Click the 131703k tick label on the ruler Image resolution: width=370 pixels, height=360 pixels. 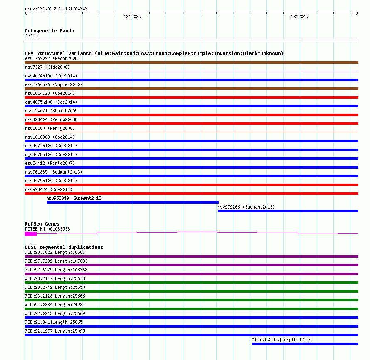coord(133,17)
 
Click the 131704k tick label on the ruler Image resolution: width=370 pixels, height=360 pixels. coord(299,17)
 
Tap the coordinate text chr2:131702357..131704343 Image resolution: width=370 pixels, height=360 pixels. coord(56,9)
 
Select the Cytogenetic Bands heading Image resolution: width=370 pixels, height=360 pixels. coord(49,31)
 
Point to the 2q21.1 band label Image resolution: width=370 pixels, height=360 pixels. coord(32,36)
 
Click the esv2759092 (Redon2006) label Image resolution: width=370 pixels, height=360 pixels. coord(52,58)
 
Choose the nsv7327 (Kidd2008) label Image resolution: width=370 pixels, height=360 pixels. coord(47,67)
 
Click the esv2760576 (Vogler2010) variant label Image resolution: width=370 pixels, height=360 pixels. coord(54,84)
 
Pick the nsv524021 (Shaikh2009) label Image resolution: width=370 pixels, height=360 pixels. coord(52,111)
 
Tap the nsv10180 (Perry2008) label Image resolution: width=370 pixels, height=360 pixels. coord(50,128)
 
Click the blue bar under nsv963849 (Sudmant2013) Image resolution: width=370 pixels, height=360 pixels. coord(132,202)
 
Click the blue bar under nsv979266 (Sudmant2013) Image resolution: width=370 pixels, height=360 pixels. coord(288,211)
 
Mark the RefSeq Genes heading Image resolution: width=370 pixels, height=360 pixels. coord(42,224)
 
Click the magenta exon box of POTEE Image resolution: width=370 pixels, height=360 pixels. coord(30,234)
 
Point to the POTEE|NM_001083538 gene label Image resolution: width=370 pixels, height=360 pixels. coord(47,229)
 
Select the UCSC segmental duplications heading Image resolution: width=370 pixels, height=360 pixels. coord(64,247)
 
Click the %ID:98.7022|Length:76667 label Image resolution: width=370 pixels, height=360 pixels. coord(55,252)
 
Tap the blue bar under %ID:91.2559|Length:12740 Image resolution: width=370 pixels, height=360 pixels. coord(305,344)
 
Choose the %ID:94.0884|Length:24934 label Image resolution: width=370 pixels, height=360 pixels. coord(55,305)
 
